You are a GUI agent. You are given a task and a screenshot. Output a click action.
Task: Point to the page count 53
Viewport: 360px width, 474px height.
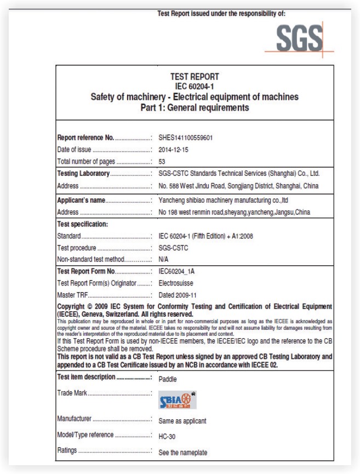coord(162,161)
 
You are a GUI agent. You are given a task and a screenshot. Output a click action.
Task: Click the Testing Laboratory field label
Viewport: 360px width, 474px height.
coord(84,174)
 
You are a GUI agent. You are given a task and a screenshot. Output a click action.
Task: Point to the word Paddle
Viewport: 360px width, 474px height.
coord(168,378)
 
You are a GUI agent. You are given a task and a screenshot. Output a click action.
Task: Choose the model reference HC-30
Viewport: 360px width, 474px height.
coord(167,435)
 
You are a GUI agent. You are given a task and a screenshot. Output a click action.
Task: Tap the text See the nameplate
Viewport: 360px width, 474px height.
coord(182,452)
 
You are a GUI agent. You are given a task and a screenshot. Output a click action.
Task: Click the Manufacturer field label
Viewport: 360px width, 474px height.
coord(75,420)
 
